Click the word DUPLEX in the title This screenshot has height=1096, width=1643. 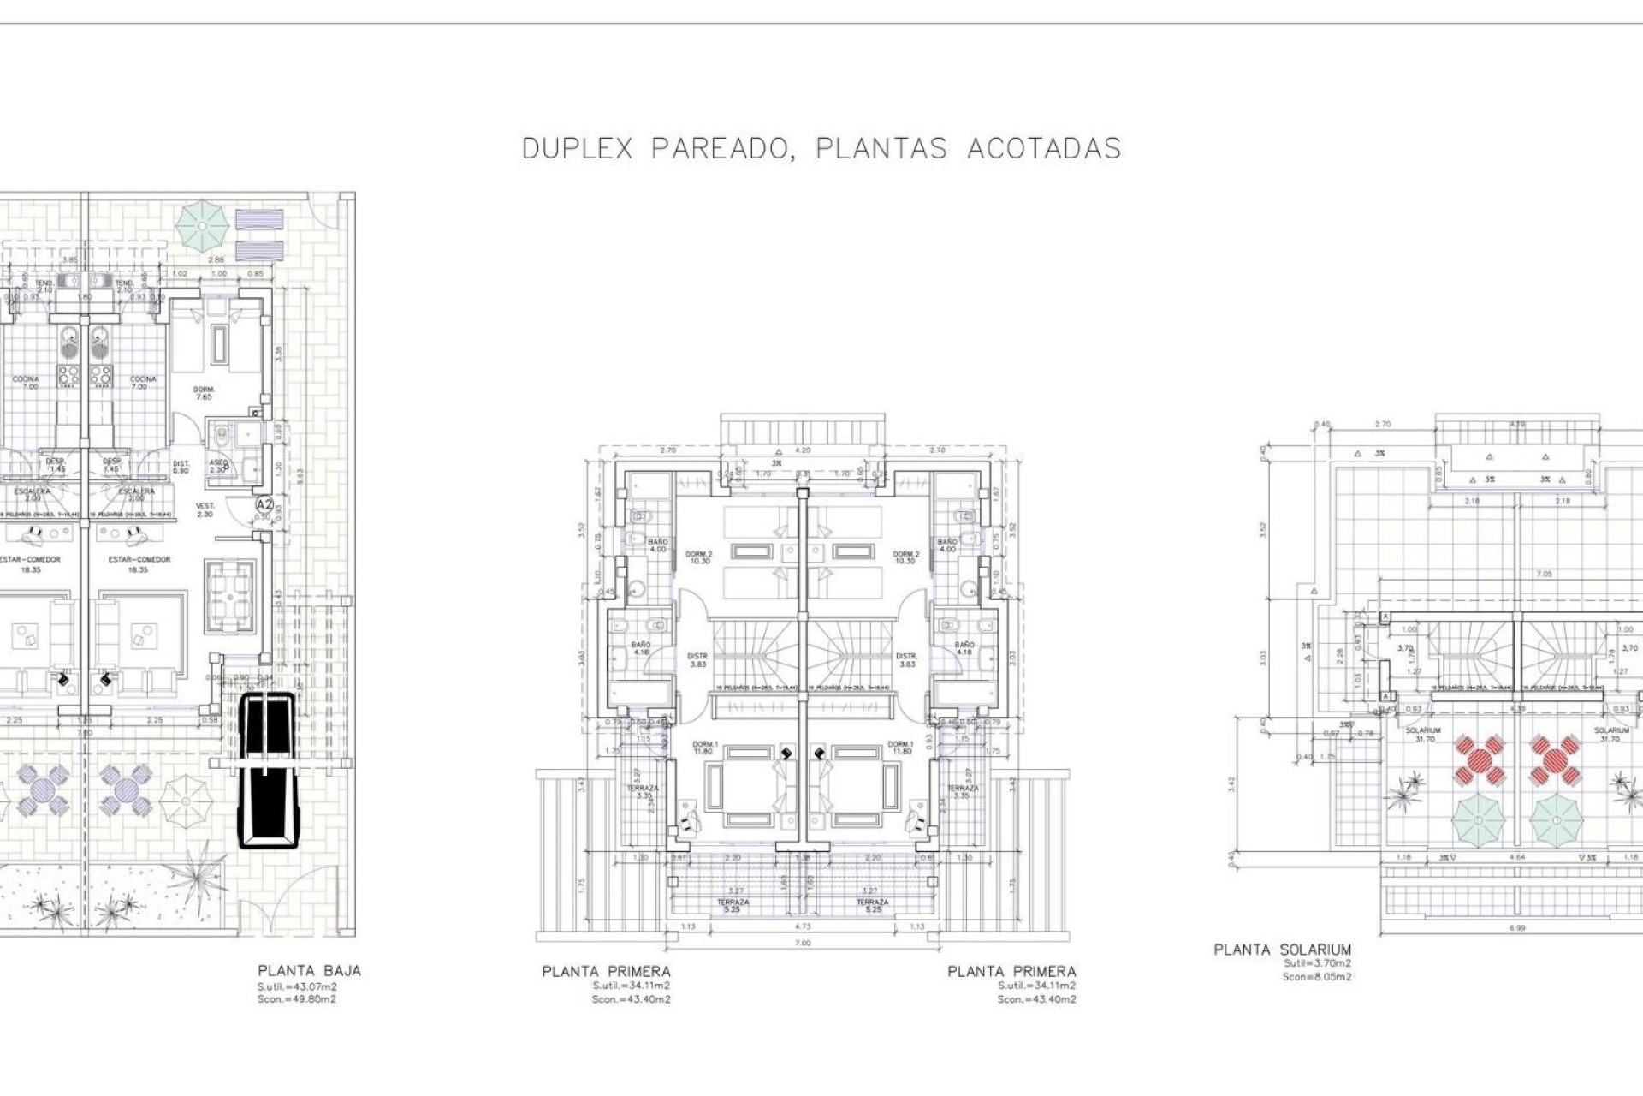[x=577, y=149]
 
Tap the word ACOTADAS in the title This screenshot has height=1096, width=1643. [x=1044, y=149]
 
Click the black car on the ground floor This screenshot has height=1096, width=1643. [x=267, y=770]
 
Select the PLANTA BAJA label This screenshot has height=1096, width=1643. [x=309, y=971]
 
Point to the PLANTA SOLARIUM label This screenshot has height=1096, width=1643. [x=1282, y=950]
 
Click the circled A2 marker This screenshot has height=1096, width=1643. [x=264, y=505]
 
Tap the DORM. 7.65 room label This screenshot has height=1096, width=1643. [x=204, y=393]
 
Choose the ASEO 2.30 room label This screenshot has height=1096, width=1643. [x=218, y=466]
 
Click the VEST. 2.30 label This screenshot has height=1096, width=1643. [x=205, y=509]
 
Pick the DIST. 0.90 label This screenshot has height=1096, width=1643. [x=181, y=467]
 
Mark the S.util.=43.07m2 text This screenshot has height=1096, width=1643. [x=297, y=986]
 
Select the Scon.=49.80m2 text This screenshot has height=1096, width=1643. [x=297, y=999]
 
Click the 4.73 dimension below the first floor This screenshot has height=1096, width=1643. [x=802, y=926]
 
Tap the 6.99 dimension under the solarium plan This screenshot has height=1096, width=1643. [x=1517, y=927]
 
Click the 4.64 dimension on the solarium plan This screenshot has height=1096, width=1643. [x=1517, y=857]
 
